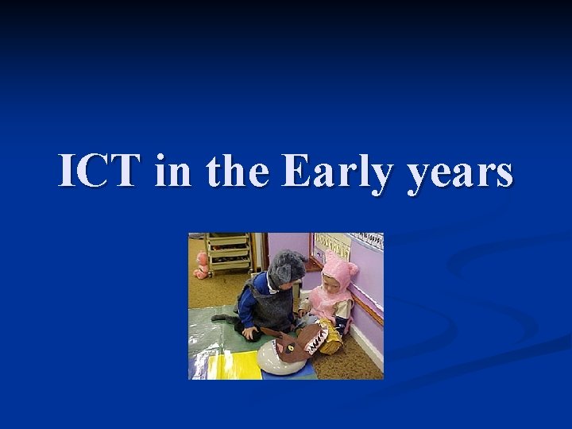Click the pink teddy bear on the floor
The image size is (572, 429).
202,265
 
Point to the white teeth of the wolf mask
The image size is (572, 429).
316,342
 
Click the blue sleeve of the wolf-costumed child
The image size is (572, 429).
247,306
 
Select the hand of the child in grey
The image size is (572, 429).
252,334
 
